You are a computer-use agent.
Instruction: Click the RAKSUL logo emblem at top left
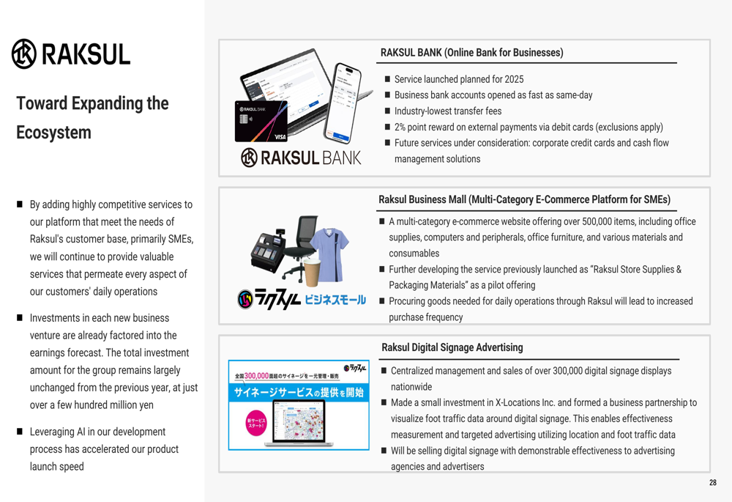[x=24, y=53]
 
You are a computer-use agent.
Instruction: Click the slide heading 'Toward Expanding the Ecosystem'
[x=92, y=118]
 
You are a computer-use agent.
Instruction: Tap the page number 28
[x=713, y=482]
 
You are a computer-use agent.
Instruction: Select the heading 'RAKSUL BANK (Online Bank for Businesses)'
[x=471, y=52]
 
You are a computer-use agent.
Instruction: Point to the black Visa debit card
[x=261, y=122]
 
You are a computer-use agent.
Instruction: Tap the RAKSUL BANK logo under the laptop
[x=301, y=158]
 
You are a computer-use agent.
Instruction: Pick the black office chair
[x=299, y=247]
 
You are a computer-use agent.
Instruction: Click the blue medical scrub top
[x=329, y=254]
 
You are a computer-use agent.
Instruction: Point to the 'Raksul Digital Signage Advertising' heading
[x=452, y=347]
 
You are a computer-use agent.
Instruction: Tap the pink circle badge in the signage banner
[x=255, y=423]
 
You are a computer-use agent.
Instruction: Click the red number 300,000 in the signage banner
[x=256, y=375]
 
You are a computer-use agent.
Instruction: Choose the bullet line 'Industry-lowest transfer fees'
[x=448, y=111]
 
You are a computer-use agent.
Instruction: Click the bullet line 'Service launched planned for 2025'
[x=459, y=79]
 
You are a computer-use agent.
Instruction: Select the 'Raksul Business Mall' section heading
[x=524, y=199]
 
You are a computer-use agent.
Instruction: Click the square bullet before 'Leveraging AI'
[x=20, y=432]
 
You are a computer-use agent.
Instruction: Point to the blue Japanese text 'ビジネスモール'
[x=335, y=300]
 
